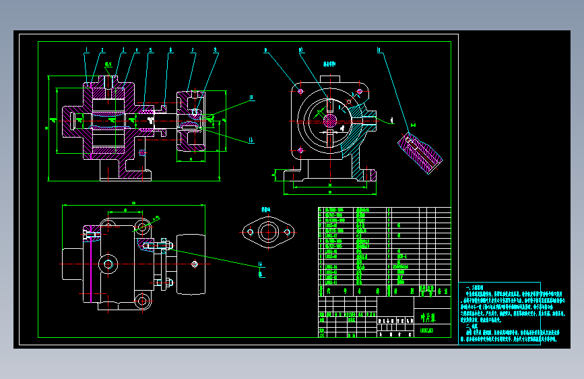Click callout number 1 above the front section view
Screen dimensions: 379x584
tap(87, 51)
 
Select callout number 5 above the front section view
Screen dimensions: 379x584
tap(151, 51)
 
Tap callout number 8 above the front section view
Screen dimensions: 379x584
tap(215, 51)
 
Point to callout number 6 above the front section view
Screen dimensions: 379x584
tap(170, 51)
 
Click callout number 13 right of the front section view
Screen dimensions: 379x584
tap(251, 140)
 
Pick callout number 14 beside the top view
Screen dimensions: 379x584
tap(260, 264)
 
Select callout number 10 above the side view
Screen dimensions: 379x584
tap(300, 50)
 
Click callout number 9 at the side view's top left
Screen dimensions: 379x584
tap(266, 50)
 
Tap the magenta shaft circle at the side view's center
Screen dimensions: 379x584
tap(329, 120)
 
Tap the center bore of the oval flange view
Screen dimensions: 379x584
tap(269, 232)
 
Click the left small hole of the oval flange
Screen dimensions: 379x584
tap(249, 232)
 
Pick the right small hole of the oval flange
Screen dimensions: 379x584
tap(288, 232)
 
